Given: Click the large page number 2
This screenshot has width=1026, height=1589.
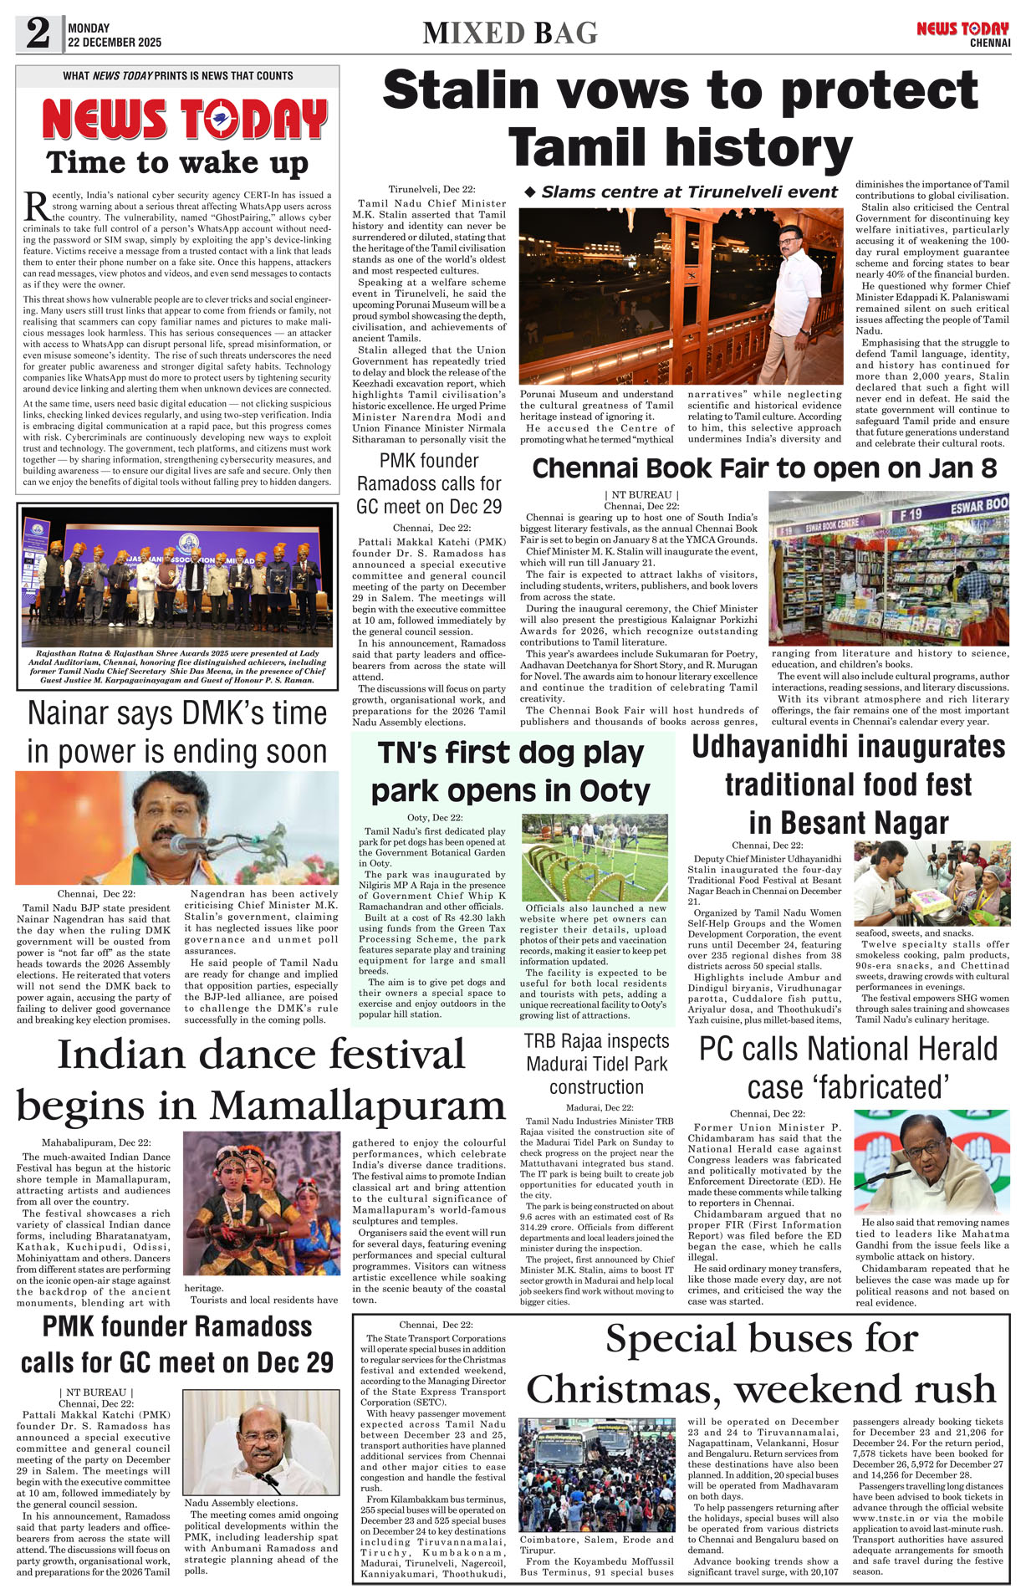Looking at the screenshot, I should pos(38,33).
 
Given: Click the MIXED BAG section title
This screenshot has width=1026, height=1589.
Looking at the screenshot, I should pos(510,33).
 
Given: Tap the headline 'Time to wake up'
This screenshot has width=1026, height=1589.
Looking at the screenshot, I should pos(177,161).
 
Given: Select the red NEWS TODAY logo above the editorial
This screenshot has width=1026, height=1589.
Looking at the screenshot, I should pos(184,120).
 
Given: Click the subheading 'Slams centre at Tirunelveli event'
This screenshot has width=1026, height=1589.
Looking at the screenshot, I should pos(681,192).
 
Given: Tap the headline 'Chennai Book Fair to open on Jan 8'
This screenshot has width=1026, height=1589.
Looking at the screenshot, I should pos(764,468).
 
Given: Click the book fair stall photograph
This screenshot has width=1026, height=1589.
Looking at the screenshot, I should pos(889,567).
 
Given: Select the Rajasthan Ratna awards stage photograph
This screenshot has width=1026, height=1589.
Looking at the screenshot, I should pos(177,575).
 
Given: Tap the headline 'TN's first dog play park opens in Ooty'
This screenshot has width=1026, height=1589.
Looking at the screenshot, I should pos(510,771).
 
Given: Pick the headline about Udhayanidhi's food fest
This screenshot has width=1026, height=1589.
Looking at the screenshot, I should pos(848,784).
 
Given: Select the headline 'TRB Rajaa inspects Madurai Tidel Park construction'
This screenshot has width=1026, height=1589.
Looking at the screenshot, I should pos(596,1064).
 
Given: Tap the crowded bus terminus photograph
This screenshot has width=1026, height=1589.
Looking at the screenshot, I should pos(597,1474).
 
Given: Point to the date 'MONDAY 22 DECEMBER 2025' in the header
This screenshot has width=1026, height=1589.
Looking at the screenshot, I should pos(115,35).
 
